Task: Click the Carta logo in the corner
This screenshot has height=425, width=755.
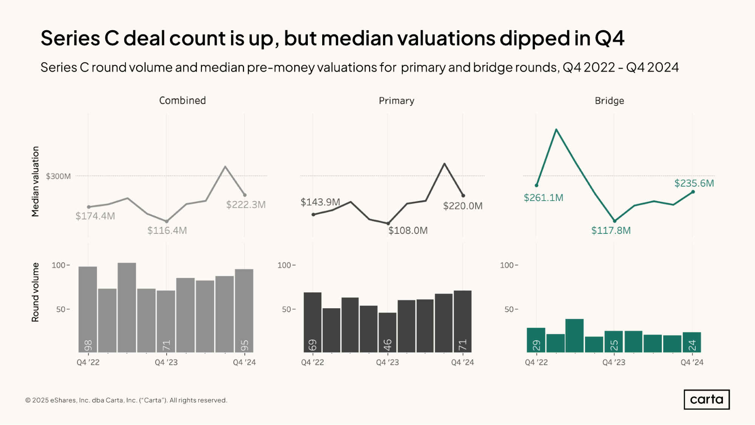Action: tap(706, 399)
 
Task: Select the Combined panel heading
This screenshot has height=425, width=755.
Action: tap(182, 100)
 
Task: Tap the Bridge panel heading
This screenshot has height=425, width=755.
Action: tap(609, 101)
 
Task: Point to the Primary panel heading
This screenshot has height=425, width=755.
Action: tap(397, 101)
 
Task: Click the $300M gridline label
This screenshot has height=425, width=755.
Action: tap(58, 176)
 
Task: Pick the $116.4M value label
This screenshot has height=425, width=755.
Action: tap(167, 230)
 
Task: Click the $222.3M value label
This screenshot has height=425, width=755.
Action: tap(246, 205)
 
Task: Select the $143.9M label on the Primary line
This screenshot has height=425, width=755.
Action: tap(320, 202)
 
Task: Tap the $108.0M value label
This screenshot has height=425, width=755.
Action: tap(408, 230)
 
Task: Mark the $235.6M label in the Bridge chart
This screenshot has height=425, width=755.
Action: tap(694, 183)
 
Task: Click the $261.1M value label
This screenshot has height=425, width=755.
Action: tap(543, 198)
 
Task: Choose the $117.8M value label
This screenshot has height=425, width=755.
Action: tap(611, 230)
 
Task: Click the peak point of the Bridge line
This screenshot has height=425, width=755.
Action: tap(556, 130)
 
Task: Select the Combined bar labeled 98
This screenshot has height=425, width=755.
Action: tap(88, 309)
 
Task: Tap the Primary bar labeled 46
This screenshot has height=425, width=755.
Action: tap(388, 332)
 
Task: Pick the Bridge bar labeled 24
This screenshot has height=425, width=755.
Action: tap(692, 342)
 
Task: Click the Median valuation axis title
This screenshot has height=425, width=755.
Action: tap(36, 181)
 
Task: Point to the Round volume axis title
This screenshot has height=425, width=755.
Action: tap(36, 292)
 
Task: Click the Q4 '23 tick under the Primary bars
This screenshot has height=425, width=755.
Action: tap(388, 362)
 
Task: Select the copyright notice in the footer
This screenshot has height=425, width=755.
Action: tap(126, 400)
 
